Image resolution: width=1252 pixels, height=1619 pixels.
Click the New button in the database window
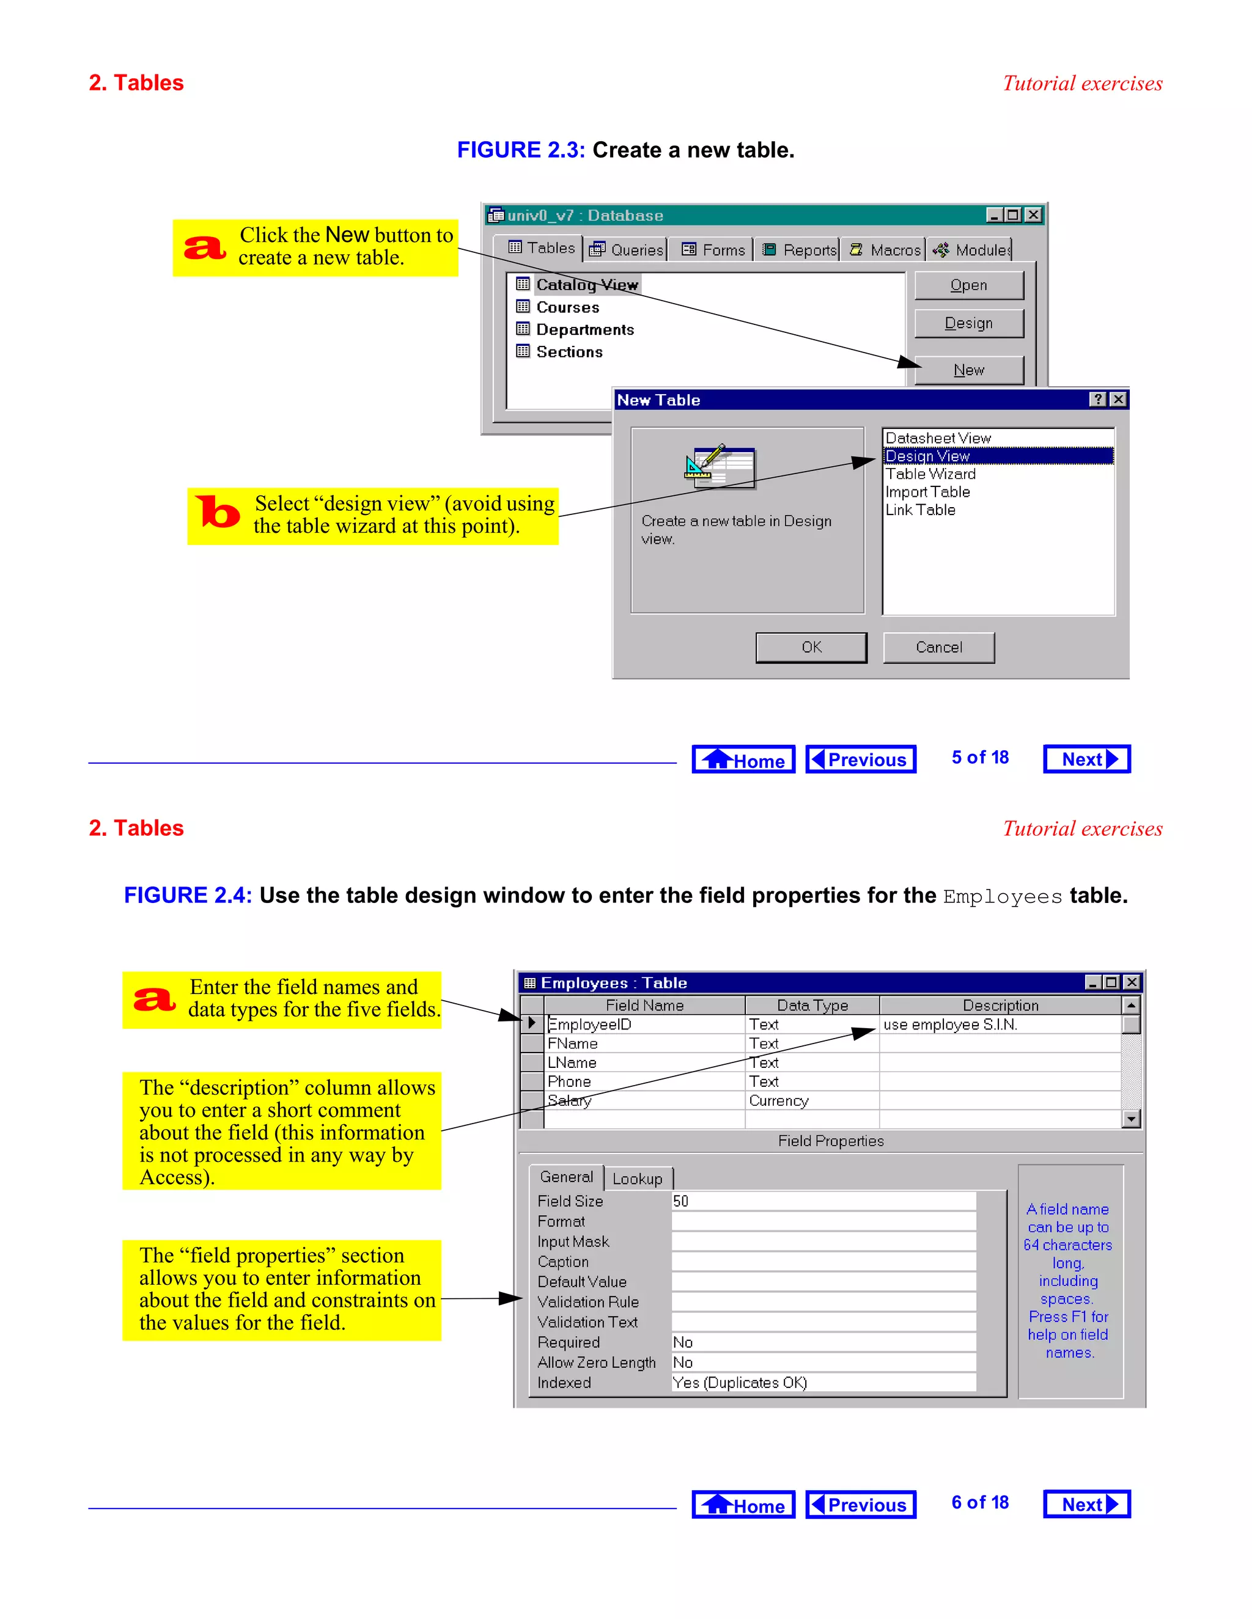pos(969,370)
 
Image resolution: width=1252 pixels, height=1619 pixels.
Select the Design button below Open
pos(969,323)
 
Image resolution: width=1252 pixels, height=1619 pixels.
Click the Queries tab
pos(627,250)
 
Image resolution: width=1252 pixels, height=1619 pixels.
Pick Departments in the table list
pos(584,330)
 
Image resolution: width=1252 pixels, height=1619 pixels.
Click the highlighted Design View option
pos(927,456)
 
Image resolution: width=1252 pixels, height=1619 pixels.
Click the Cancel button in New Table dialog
pos(938,647)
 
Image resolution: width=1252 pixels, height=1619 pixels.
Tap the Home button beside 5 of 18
pos(743,760)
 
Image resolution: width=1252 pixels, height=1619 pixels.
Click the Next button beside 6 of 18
pos(1086,1504)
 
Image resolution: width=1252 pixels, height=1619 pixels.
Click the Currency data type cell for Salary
pos(779,1101)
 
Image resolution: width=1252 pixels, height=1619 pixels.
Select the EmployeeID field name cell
pos(590,1025)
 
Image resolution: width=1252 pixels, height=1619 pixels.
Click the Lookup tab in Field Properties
pos(637,1179)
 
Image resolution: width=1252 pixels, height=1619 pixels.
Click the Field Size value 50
pos(681,1201)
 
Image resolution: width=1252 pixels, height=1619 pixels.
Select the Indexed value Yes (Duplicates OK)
pos(740,1383)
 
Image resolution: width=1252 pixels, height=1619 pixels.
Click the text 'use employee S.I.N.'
pos(950,1025)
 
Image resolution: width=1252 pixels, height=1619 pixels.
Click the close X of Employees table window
pos(1131,982)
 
